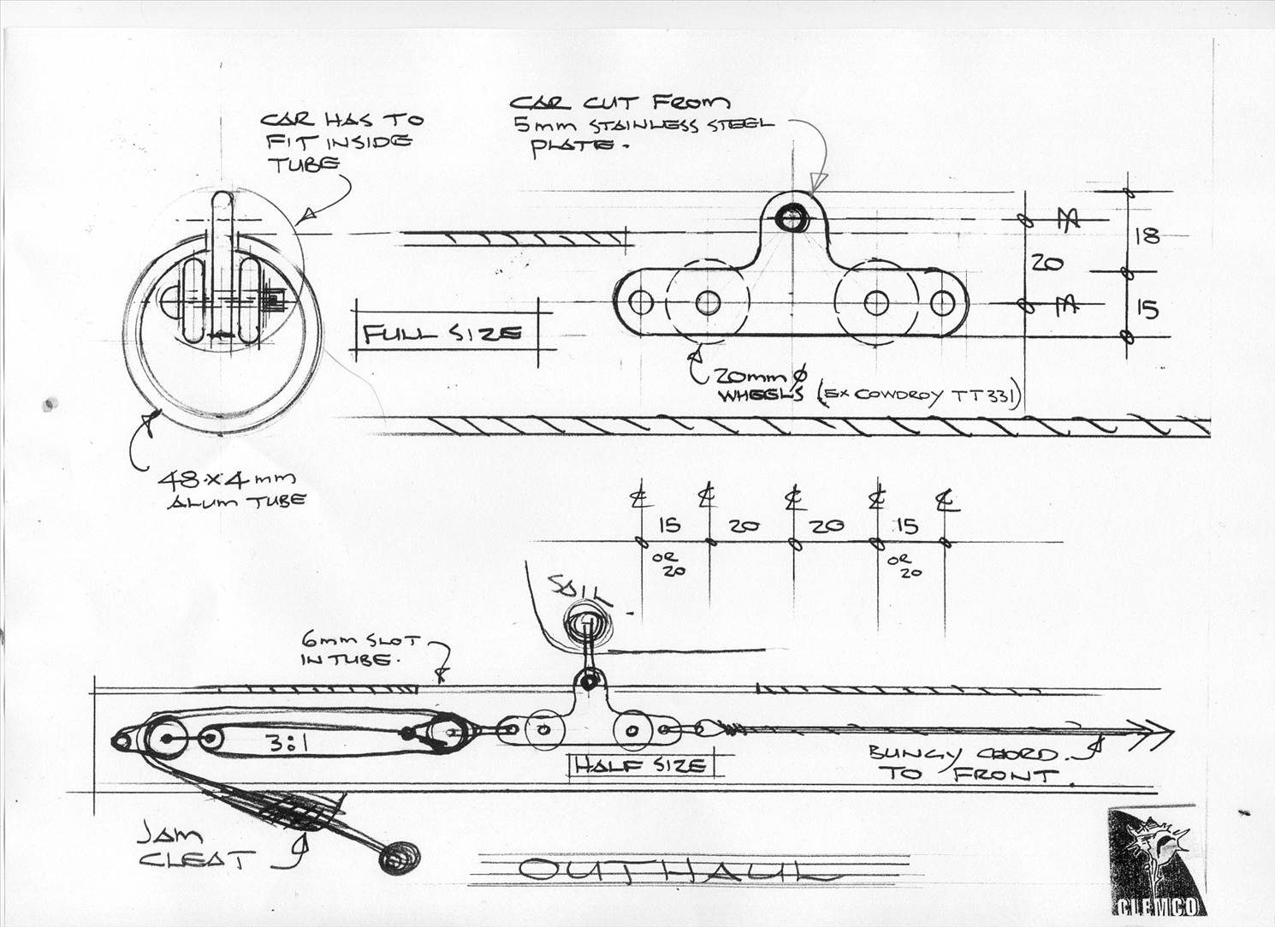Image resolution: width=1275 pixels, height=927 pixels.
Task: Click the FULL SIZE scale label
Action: [x=442, y=334]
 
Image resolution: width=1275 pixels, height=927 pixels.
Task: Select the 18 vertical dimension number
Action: [x=1147, y=235]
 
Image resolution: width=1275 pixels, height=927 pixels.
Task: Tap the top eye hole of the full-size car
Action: [x=792, y=217]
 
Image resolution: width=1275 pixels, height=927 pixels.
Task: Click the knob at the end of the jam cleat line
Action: [x=399, y=855]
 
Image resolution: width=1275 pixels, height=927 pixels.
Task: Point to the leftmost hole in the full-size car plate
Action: [x=639, y=302]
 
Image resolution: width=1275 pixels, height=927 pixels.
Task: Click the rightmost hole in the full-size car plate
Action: [x=942, y=302]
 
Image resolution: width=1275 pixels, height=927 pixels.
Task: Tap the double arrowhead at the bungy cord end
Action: [x=1156, y=730]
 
